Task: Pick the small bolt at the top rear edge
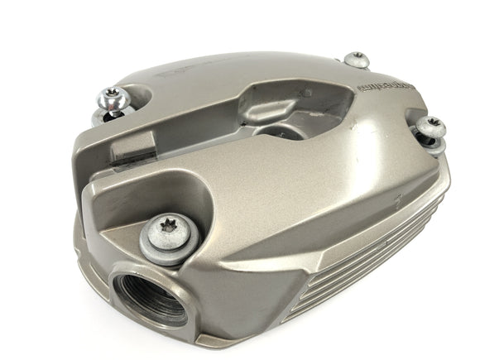point(356,59)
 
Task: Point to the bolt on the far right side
point(431,127)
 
